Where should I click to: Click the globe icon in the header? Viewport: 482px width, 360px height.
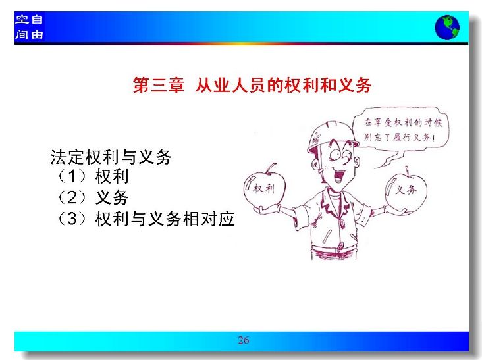coord(447,27)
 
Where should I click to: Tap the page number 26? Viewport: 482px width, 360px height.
coord(243,340)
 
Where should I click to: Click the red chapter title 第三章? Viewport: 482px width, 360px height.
coord(159,85)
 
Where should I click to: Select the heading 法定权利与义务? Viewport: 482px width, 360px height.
coord(111,157)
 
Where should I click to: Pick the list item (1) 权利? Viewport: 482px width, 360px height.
coord(92,176)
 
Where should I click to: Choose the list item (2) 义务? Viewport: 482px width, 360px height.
coord(92,197)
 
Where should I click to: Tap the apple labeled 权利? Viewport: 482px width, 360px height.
coord(264,188)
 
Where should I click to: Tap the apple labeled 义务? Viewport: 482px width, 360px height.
coord(406,191)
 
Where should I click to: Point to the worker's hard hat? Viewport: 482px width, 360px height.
coord(331,136)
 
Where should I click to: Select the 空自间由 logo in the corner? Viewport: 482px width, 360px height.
coord(29,27)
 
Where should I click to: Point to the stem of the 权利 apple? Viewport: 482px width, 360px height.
coord(271,168)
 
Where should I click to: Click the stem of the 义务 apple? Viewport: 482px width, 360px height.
coord(408,171)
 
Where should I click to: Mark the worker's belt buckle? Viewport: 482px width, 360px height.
coord(340,245)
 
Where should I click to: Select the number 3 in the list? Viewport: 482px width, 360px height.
coord(72,219)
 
